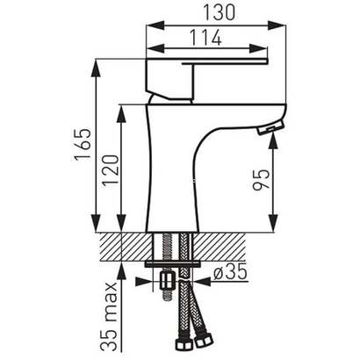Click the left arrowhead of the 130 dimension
click(148, 26)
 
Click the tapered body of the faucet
click(176, 176)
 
